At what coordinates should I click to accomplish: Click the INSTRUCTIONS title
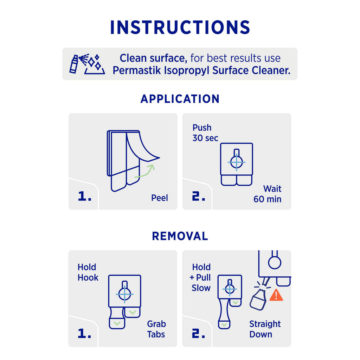click(180, 27)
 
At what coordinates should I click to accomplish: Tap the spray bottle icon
click(74, 64)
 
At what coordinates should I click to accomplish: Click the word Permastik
click(137, 70)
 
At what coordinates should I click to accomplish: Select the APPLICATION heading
click(180, 99)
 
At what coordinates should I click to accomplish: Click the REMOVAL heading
click(180, 236)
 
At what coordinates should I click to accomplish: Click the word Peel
click(159, 198)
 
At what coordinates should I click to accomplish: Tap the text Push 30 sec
click(205, 133)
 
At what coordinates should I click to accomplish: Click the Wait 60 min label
click(268, 194)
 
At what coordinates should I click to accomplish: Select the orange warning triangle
click(276, 295)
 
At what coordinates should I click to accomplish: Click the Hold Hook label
click(88, 272)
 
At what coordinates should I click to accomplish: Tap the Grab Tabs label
click(156, 329)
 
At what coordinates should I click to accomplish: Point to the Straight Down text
click(265, 329)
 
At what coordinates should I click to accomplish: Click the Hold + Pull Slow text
click(200, 278)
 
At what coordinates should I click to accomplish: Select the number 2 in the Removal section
click(198, 333)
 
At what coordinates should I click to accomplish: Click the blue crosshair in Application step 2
click(237, 162)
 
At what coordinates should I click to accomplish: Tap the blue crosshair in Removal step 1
click(124, 294)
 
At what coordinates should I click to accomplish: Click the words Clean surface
click(153, 58)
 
